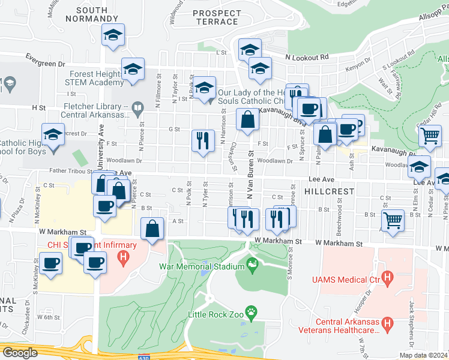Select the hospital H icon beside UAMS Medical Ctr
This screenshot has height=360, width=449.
tap(388, 278)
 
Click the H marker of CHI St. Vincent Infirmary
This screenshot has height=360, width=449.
tap(123, 259)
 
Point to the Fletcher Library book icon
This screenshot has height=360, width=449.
tap(138, 109)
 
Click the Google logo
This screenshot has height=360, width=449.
tap(20, 353)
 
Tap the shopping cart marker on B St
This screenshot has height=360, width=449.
tap(393, 220)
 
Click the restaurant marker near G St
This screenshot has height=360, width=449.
tap(203, 141)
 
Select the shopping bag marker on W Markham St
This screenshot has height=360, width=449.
tap(152, 228)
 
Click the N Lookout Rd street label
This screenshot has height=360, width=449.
tap(307, 57)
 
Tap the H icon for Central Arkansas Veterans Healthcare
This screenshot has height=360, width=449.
tap(388, 325)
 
